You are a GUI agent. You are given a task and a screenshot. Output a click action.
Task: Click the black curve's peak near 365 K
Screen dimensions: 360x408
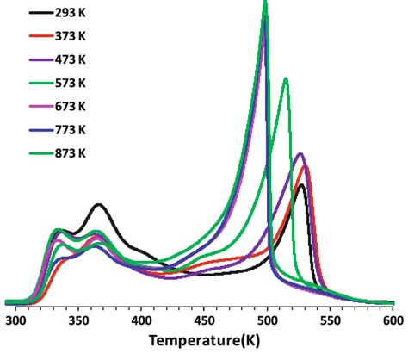click(99, 205)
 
